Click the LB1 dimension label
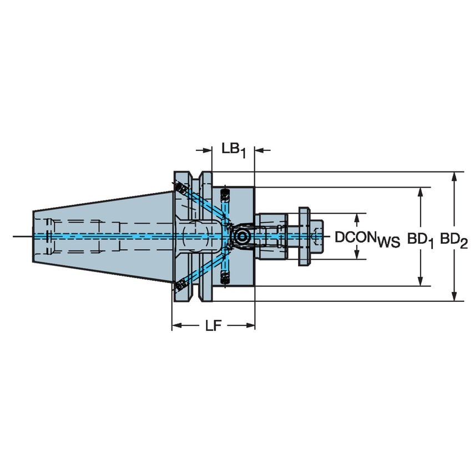tap(233, 150)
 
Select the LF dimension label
tap(213, 326)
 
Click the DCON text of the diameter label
tap(355, 237)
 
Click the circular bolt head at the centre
tap(241, 236)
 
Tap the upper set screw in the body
tap(225, 194)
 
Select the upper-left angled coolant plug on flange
tap(180, 189)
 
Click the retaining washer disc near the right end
tap(304, 236)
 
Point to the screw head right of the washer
tap(316, 236)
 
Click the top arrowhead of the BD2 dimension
tap(455, 177)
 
